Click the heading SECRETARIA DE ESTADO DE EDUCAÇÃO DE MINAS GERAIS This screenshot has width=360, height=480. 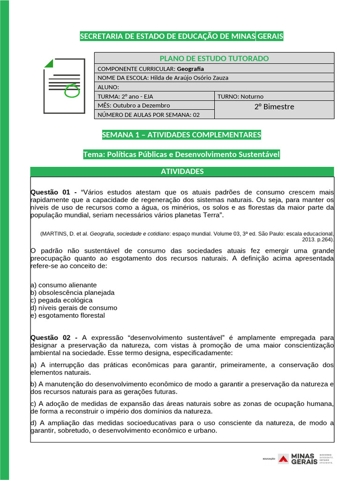[181, 37]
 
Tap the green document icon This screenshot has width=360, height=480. [64, 86]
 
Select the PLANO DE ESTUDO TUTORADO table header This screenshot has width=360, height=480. [214, 58]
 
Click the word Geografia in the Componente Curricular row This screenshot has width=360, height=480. [190, 69]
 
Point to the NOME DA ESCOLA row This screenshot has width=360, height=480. [163, 78]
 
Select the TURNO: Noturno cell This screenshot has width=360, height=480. [274, 97]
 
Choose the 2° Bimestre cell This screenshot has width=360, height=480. [274, 107]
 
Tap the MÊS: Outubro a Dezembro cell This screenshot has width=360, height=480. [155, 105]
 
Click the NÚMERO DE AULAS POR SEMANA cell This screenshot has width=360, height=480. [155, 115]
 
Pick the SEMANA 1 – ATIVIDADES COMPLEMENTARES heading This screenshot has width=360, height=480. [181, 135]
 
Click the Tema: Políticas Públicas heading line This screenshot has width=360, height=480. [181, 154]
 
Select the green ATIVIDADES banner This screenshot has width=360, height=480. [182, 172]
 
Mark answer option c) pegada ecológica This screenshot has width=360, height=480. [61, 300]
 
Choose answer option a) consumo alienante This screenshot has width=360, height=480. [63, 285]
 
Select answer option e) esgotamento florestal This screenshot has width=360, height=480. [67, 315]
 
